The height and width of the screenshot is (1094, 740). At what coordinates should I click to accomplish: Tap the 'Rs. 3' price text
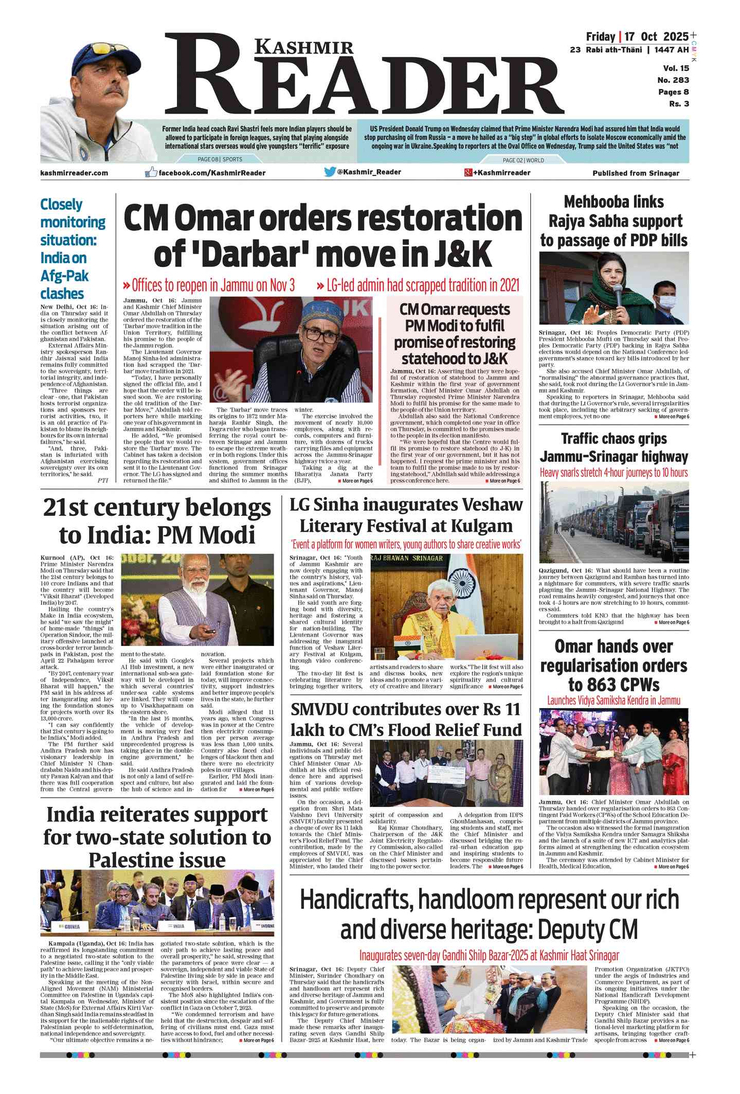click(x=679, y=104)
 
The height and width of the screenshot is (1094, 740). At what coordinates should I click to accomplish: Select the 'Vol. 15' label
click(x=676, y=68)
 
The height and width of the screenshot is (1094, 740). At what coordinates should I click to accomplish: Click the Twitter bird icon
click(x=330, y=172)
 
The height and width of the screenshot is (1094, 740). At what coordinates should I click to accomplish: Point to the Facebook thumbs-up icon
click(x=151, y=172)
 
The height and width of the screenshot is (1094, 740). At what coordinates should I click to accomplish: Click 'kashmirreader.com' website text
click(x=74, y=173)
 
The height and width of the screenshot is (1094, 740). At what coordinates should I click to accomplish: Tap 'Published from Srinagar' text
click(x=636, y=173)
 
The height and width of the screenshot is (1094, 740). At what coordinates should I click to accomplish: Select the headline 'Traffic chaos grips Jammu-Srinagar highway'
click(x=613, y=447)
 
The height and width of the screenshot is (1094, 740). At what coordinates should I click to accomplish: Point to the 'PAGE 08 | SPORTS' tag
click(x=220, y=159)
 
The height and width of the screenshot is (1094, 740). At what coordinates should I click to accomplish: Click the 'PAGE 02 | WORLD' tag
click(x=523, y=160)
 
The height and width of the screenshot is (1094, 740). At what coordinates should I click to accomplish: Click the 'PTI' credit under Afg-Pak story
click(x=103, y=480)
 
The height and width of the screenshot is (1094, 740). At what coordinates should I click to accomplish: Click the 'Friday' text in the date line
click(x=600, y=37)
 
